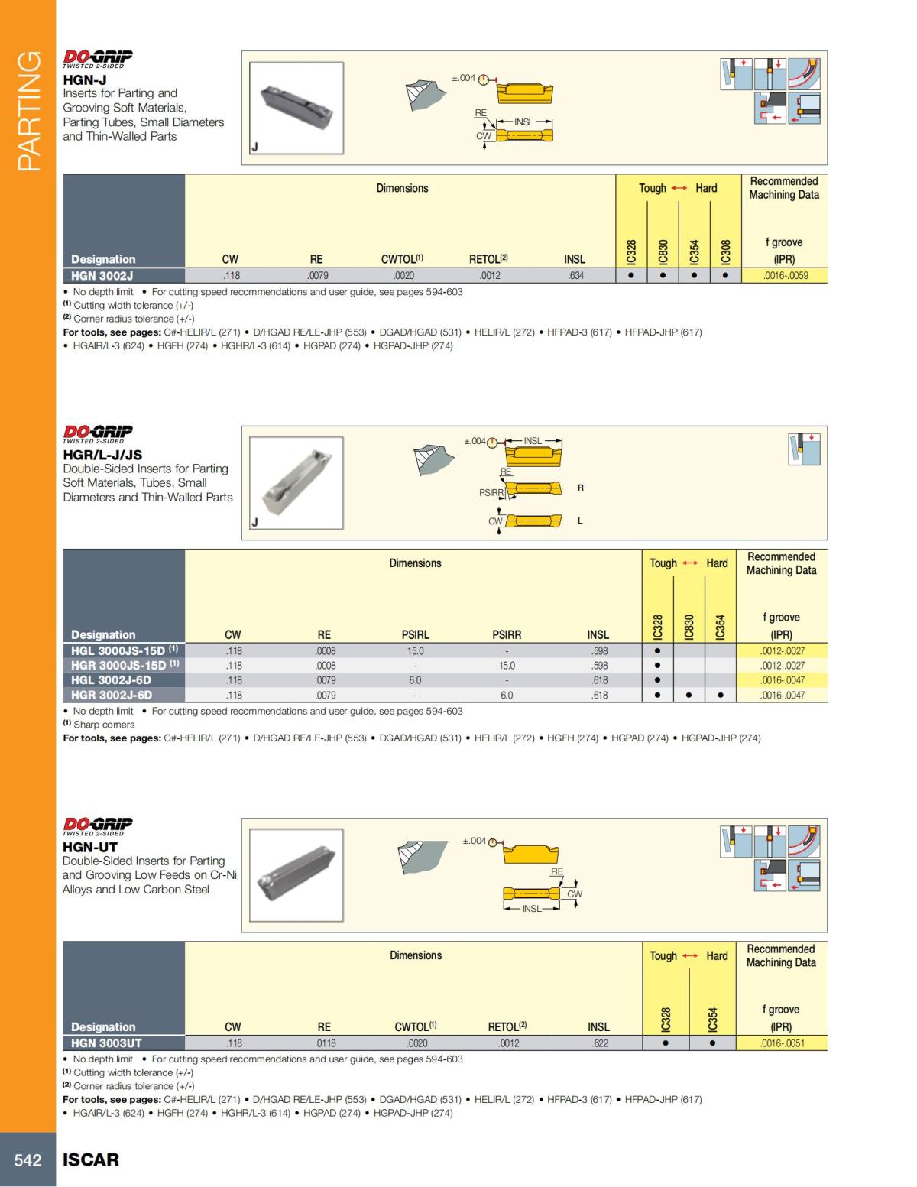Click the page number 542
coord(28,1160)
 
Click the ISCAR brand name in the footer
coord(91,1160)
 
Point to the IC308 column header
coord(725,250)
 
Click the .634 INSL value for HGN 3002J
coord(575,276)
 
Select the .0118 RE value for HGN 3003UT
coord(325,1043)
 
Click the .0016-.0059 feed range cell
coord(785,276)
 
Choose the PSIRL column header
coord(415,635)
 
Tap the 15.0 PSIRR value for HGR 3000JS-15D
coord(507,666)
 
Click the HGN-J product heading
coord(84,79)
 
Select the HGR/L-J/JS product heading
coord(102,455)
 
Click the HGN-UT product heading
coord(90,847)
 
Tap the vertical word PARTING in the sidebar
coord(28,111)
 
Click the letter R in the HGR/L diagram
coord(581,488)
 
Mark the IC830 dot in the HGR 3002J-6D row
coord(689,696)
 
